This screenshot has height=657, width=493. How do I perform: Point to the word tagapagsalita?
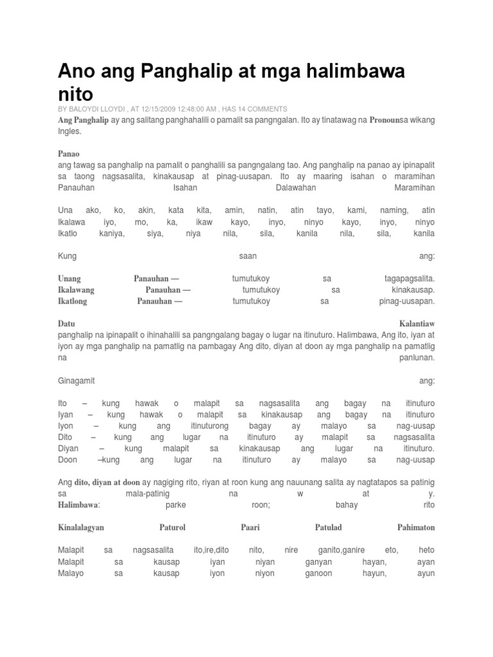(x=405, y=278)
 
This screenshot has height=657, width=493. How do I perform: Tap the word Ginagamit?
(x=76, y=380)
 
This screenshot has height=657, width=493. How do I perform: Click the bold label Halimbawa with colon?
(x=79, y=505)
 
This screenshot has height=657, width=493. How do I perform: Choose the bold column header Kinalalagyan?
(x=81, y=527)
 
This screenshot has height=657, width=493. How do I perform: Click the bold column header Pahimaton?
(x=416, y=527)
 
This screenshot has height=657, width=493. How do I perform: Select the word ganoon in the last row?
(x=318, y=573)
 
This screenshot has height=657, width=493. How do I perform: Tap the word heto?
(x=426, y=550)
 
